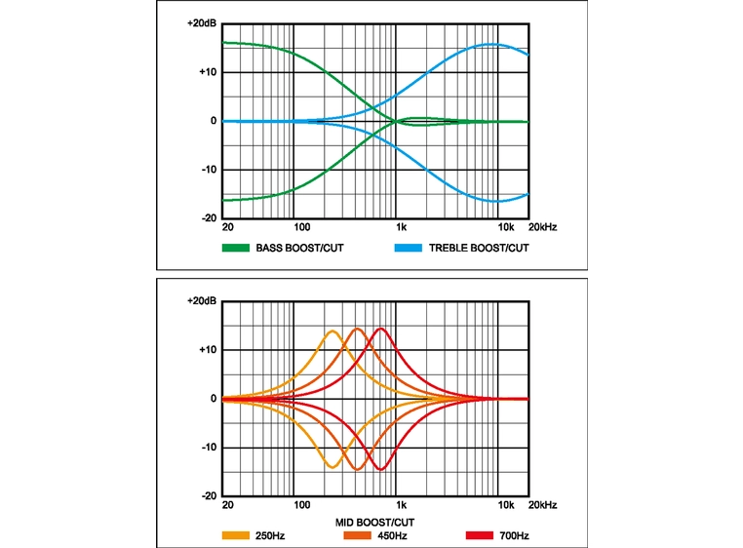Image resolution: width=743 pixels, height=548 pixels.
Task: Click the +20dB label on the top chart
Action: [201, 22]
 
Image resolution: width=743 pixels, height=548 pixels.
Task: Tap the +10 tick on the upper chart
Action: [208, 72]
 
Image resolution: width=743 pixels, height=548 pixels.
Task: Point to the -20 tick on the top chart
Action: [208, 218]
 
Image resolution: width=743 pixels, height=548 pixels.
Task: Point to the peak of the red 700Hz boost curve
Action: [380, 329]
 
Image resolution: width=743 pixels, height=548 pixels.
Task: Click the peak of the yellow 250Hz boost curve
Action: [332, 332]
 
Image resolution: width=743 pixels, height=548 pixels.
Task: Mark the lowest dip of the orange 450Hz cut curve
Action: [357, 469]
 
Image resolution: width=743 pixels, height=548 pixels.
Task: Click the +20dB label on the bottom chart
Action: [201, 300]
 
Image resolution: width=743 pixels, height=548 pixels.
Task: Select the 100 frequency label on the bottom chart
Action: [301, 505]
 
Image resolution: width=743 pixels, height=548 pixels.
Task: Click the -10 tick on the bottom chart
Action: [208, 448]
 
